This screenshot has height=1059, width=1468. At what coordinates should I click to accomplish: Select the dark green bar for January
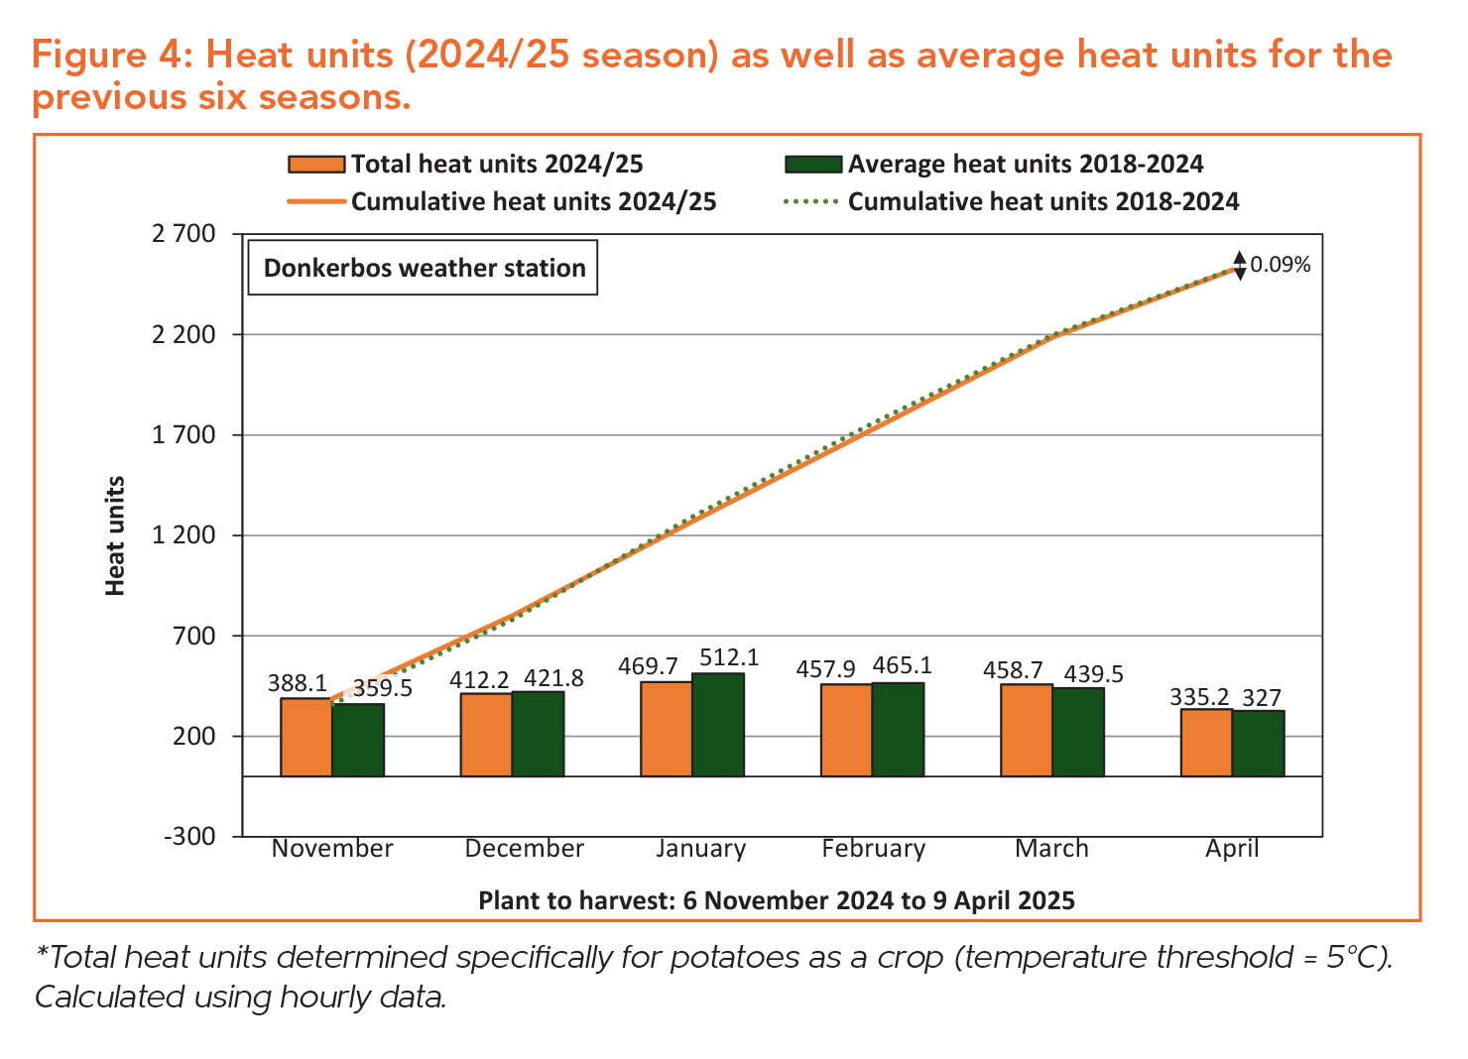click(x=718, y=725)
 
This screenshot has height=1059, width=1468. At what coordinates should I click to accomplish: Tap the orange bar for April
click(x=1206, y=743)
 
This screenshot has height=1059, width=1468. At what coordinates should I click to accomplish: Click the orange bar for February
click(x=846, y=730)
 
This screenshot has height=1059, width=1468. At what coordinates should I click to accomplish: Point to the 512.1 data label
click(x=729, y=657)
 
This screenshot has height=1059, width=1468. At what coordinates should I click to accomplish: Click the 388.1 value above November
click(x=298, y=683)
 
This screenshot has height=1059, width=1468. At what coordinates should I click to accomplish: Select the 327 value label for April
click(x=1262, y=698)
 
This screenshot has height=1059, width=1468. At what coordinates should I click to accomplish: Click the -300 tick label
click(x=188, y=836)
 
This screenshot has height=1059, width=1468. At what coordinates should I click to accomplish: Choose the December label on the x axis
click(x=524, y=849)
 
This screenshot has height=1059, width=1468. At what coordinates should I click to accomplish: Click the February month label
click(x=873, y=849)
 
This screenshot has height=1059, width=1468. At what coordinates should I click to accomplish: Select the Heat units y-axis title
click(x=116, y=535)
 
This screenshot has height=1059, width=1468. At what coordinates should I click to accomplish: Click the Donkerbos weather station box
click(x=424, y=268)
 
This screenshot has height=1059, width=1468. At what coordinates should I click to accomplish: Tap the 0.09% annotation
click(x=1280, y=265)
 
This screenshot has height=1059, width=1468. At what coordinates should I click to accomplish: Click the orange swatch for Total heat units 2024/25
click(x=316, y=165)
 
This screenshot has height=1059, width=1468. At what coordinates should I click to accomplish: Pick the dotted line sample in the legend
click(x=810, y=202)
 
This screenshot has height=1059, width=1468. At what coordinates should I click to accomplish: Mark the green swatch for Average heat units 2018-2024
click(x=812, y=165)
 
